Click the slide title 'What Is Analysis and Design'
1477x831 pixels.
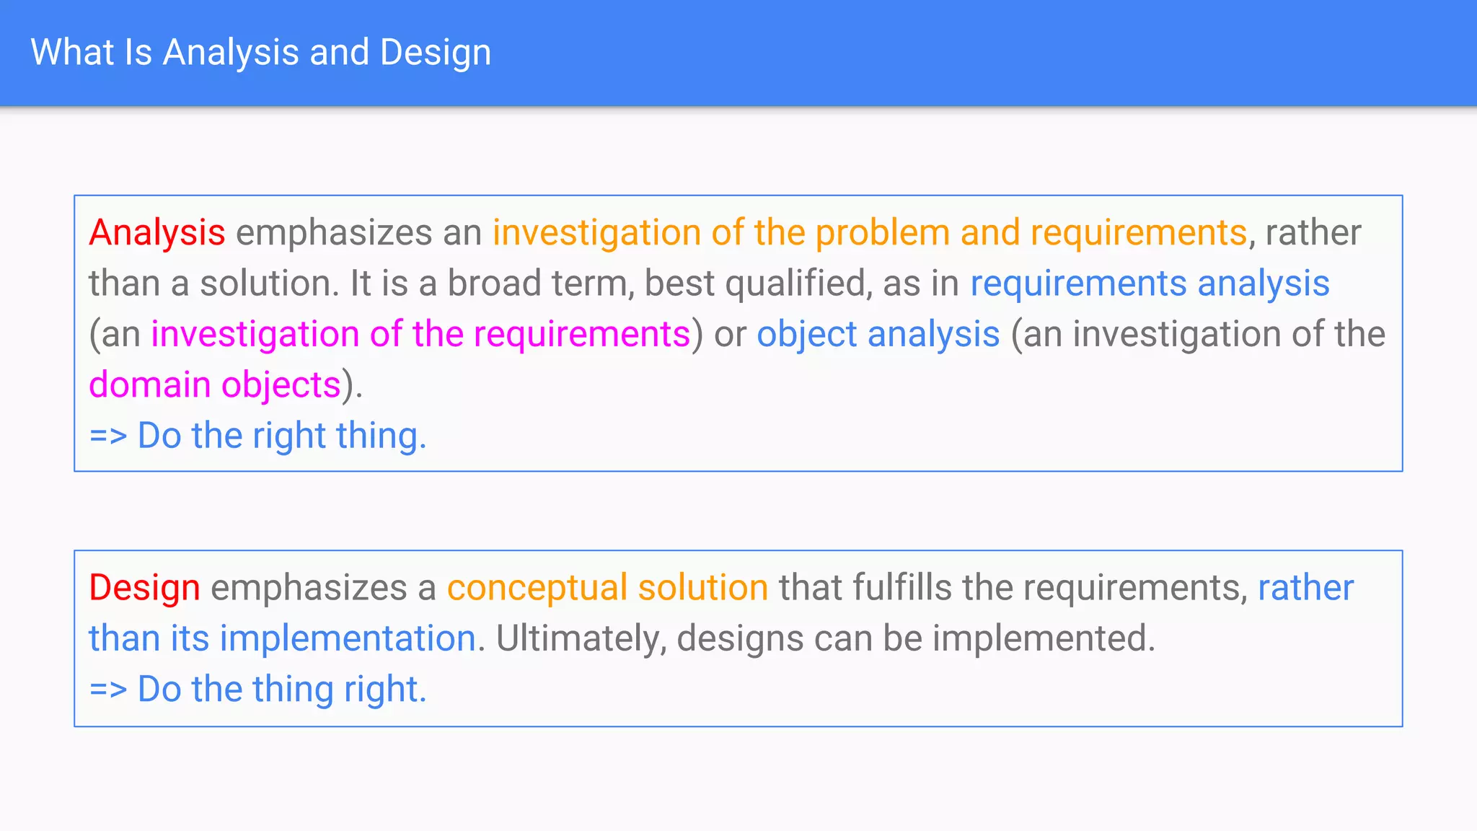[260, 53]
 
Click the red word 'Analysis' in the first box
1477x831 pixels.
[156, 233]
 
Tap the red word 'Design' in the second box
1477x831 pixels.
[144, 588]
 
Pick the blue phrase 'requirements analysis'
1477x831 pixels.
[1150, 283]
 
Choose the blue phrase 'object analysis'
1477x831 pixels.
[878, 335]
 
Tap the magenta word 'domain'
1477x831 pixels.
[149, 385]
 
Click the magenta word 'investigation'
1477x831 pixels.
[255, 335]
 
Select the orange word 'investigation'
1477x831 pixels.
[596, 233]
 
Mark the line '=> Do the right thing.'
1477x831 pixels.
[257, 436]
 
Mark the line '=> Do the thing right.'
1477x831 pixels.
[257, 690]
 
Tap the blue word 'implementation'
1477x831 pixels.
[348, 639]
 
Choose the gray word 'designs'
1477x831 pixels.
[740, 639]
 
